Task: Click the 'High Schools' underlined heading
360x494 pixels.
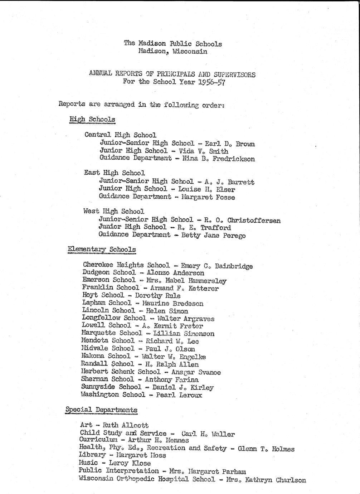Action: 92,120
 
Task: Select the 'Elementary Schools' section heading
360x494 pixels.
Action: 102,250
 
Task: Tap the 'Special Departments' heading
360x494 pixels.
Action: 101,410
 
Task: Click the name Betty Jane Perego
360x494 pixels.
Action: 213,236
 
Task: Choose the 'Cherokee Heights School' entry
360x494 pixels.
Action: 126,265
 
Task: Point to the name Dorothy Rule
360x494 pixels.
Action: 157,296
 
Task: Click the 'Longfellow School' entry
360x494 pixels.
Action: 114,318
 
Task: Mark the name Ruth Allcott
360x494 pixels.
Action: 125,425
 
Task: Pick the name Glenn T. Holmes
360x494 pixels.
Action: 266,449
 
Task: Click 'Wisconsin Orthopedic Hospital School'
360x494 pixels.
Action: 147,479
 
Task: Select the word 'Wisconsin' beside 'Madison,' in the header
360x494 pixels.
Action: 189,52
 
